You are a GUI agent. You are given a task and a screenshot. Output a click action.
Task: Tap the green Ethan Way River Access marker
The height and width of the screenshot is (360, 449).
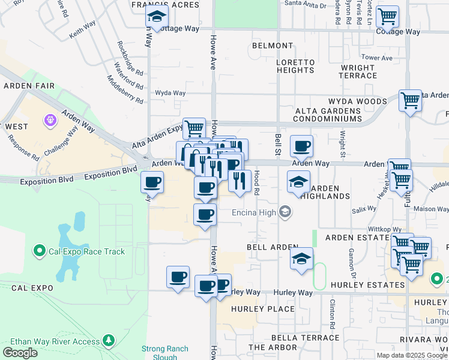pos(109,341)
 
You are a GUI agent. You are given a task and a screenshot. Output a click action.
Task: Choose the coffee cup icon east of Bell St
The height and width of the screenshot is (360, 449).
pos(301,146)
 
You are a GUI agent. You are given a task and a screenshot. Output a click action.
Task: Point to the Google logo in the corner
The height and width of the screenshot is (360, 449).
pos(20,353)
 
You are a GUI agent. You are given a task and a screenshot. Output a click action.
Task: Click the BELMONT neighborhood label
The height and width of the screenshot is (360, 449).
pos(273,46)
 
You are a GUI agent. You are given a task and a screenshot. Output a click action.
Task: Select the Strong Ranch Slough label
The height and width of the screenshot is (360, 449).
pos(165,352)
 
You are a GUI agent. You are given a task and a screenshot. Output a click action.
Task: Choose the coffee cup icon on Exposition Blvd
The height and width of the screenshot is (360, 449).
pos(152,182)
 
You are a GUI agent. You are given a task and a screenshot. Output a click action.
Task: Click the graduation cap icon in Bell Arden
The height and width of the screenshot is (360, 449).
pos(301,259)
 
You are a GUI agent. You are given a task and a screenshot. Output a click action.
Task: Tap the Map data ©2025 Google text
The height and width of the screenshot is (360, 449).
pos(412,355)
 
